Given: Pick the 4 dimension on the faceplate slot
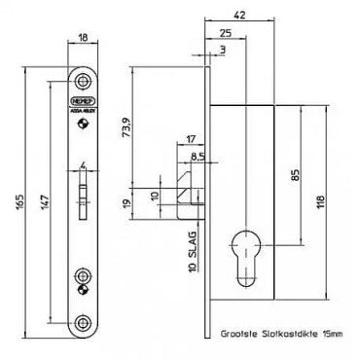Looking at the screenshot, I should [85, 162].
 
